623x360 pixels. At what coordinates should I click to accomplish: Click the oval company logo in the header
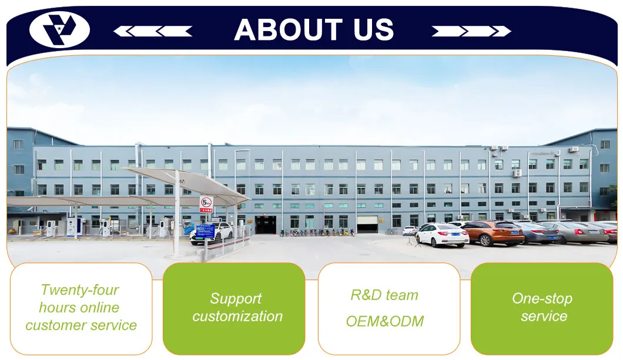tap(59, 30)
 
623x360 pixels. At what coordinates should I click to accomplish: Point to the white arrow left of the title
tap(152, 31)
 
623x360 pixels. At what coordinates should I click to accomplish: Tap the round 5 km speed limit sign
tap(206, 203)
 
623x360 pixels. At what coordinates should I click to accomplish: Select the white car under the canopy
tap(212, 233)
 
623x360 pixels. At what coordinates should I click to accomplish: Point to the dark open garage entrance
tap(265, 224)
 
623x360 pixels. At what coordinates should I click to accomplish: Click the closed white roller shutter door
tap(367, 224)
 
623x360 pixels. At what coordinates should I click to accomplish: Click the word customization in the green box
tap(237, 317)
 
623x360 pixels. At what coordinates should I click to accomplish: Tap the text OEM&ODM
tap(384, 321)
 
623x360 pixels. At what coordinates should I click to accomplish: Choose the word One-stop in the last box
tap(542, 298)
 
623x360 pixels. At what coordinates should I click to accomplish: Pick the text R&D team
tap(384, 295)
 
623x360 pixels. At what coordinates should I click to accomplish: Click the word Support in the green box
tap(236, 299)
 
